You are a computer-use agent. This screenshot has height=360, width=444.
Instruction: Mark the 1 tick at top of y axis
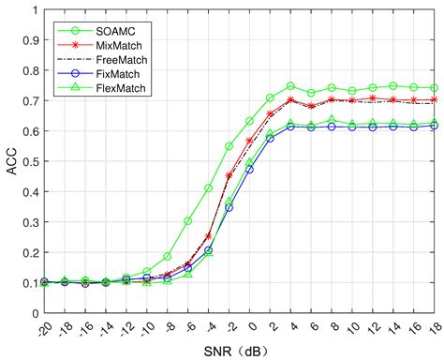click(37, 11)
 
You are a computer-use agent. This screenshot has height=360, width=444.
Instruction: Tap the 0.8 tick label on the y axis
click(31, 71)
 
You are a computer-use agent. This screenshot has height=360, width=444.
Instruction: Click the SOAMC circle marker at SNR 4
click(290, 86)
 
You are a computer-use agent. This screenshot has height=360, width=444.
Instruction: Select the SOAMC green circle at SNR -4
click(209, 188)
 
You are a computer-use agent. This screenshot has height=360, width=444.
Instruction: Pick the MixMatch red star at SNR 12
click(372, 98)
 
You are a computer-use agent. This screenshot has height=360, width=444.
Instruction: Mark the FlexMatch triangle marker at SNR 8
click(332, 120)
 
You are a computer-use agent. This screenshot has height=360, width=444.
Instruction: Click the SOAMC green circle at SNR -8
click(168, 256)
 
